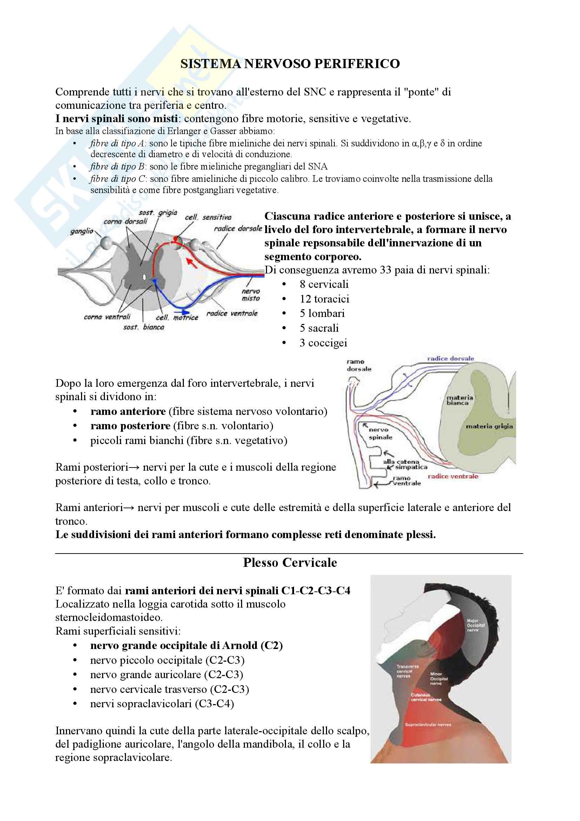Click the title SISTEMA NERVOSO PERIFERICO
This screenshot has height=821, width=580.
290,64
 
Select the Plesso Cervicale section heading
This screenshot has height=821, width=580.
290,562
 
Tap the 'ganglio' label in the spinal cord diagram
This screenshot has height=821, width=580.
81,231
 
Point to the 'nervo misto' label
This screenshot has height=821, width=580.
251,295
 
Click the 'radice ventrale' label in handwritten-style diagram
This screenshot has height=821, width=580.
232,313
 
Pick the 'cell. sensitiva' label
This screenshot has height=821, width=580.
208,217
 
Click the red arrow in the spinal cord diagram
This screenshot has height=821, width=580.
192,263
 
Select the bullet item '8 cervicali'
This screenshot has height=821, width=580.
324,284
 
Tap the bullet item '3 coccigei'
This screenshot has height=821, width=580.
323,343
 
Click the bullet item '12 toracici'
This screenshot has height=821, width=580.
324,299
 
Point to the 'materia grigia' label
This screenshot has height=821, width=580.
489,426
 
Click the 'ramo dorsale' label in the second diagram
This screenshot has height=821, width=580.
359,365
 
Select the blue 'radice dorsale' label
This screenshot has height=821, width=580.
450,358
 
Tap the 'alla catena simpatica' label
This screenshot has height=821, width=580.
405,464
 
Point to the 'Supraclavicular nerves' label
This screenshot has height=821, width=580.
428,724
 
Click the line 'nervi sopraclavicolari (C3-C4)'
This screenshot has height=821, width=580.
162,704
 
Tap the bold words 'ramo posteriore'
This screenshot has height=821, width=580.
130,426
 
